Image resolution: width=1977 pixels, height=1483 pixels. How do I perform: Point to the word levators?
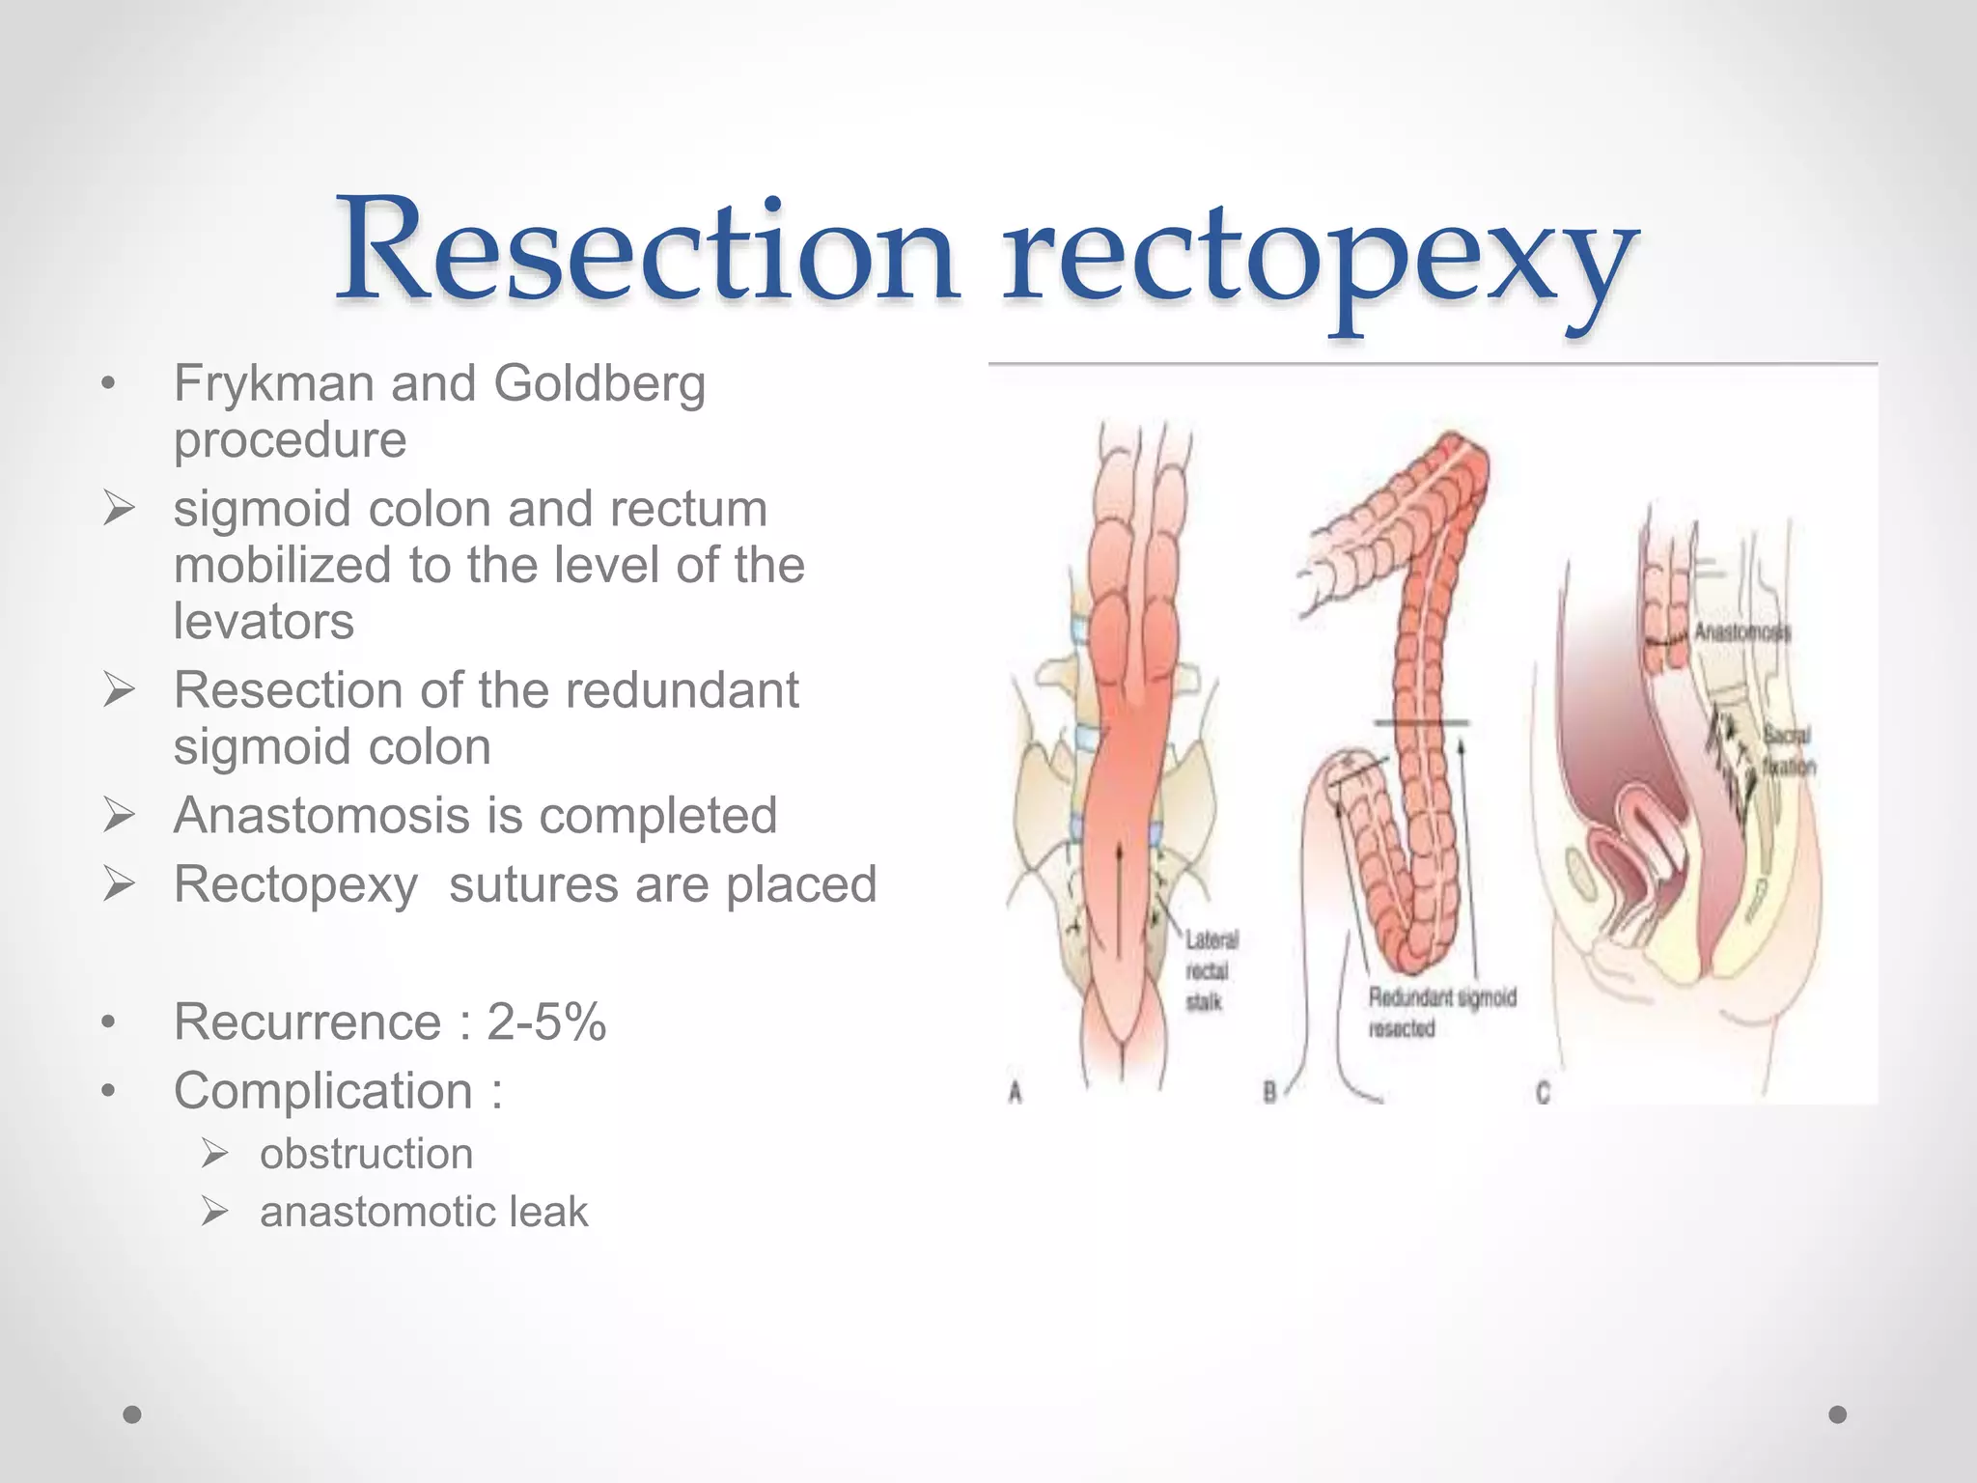(264, 621)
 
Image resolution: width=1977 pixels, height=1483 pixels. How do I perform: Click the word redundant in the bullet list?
(682, 690)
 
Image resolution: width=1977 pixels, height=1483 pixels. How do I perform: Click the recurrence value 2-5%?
(546, 1022)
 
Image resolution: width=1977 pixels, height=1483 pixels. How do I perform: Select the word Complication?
(323, 1092)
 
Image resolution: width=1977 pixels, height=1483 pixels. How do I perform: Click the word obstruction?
(366, 1155)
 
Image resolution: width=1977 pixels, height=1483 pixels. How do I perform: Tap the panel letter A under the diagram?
(1015, 1093)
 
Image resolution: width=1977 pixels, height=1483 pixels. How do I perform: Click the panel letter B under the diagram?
(1270, 1093)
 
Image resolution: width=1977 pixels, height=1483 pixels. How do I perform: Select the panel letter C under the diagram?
(1543, 1093)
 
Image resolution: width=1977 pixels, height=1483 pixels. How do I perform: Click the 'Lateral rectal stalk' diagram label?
(1211, 970)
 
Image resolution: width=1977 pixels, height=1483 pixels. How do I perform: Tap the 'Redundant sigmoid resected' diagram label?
(1442, 1012)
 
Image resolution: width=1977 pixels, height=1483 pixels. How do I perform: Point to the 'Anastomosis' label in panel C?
(1742, 632)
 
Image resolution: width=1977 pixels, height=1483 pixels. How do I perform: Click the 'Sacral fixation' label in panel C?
(1789, 750)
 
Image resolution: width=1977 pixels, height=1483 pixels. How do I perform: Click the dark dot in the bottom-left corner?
(132, 1414)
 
